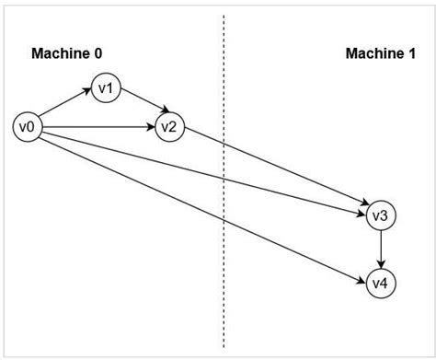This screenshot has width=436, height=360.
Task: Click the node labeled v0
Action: [28, 126]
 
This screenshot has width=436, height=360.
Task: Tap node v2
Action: [168, 126]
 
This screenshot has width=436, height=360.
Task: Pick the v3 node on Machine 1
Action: [381, 215]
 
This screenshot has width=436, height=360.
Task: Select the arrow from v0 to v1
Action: [65, 107]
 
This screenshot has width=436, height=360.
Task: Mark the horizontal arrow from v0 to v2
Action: [97, 126]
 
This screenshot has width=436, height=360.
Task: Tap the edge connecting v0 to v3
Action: [202, 170]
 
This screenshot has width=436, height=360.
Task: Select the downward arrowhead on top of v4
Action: [381, 264]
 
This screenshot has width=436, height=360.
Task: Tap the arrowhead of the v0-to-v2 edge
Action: [150, 126]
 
